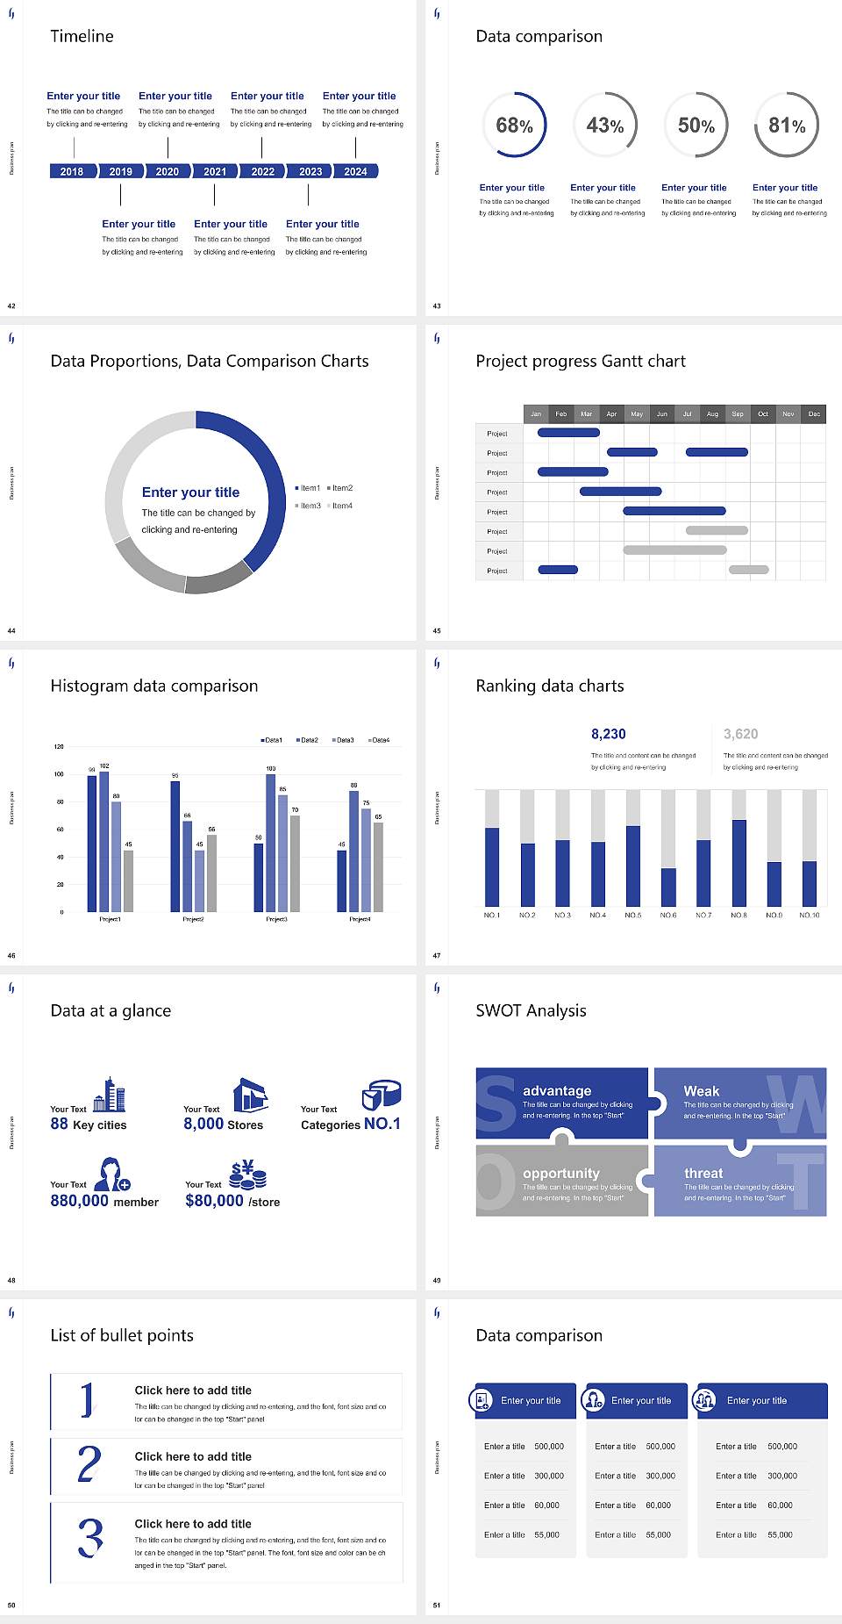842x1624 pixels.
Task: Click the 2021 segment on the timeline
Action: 215,171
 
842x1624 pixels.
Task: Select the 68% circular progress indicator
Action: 514,126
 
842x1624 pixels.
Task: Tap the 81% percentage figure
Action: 787,126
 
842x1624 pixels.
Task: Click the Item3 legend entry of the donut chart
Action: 308,506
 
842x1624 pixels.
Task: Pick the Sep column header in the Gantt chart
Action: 738,413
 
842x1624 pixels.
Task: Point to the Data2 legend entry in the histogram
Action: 307,740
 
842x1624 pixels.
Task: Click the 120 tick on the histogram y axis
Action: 59,746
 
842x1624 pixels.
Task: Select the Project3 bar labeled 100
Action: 270,843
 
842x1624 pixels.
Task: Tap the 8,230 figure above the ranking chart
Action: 608,734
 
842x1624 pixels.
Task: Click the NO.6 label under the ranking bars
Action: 668,915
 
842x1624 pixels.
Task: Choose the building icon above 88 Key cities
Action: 109,1095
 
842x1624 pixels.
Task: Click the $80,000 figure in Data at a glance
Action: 214,1201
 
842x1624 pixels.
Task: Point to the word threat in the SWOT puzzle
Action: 703,1173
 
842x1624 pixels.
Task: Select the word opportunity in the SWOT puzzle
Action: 561,1173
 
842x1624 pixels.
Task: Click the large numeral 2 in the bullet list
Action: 89,1464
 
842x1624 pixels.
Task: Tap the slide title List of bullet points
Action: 122,1335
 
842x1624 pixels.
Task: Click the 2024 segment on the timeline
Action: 355,171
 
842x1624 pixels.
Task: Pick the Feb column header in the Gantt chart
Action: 561,413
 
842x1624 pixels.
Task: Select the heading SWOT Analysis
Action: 531,1010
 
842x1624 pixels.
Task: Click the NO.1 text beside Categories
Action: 382,1124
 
